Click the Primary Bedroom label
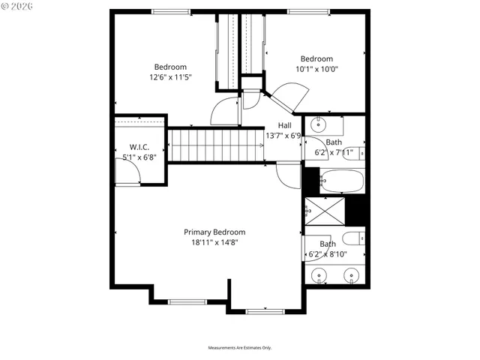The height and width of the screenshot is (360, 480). (x=214, y=232)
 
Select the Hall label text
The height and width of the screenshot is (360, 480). (x=284, y=125)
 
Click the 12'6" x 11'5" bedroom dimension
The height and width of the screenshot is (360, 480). (x=170, y=76)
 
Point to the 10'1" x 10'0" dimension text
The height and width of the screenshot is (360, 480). (x=316, y=69)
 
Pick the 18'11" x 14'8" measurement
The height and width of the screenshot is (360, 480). (x=214, y=242)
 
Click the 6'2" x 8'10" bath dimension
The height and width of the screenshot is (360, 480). (x=328, y=254)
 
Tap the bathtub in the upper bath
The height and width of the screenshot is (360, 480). (x=341, y=181)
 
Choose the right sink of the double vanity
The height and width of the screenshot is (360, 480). (x=351, y=276)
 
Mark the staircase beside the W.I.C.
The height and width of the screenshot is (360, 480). (x=214, y=144)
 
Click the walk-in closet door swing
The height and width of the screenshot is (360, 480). (x=130, y=174)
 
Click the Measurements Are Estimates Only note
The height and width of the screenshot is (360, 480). (x=239, y=348)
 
